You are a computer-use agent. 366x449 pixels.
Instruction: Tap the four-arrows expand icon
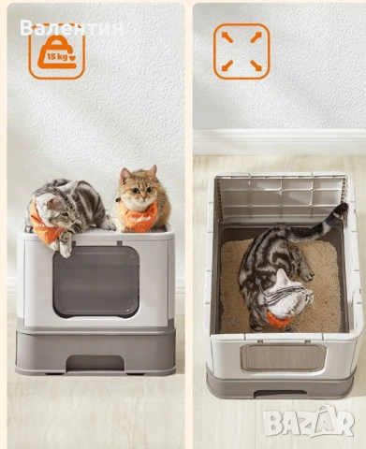pos(242,51)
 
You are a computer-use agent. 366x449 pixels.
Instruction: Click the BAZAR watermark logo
pos(309,422)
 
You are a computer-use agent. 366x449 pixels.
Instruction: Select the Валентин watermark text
pos(72,28)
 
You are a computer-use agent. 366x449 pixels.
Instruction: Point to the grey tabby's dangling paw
pos(65,250)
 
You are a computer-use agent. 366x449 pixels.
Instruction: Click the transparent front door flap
pos(95,282)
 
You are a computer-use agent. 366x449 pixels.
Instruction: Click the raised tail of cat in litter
pos(318,223)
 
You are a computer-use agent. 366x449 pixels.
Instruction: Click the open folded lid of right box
pos(281,196)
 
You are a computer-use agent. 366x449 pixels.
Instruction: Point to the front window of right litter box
pos(284,358)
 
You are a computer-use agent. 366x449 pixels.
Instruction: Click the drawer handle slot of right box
pos(280,394)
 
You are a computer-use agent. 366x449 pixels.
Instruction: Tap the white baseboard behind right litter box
pos(279,142)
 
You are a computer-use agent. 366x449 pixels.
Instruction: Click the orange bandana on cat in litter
pos(278,320)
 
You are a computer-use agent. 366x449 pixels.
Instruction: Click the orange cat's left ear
pos(125,176)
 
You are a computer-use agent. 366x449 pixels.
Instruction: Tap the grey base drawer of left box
pos(95,353)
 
